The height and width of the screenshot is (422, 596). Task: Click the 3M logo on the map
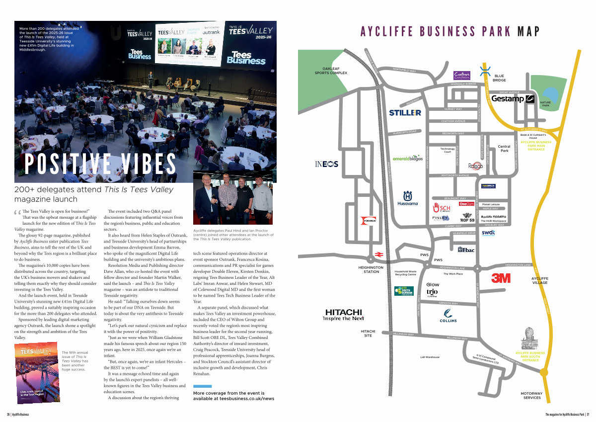coord(501,278)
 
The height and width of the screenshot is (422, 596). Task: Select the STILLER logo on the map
coord(405,113)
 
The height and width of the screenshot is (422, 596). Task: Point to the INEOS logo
coord(327,164)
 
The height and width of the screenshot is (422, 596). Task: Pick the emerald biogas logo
coord(407,159)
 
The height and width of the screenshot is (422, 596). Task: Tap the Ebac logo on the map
coord(466,250)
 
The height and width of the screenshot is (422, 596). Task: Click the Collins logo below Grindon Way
coord(448,315)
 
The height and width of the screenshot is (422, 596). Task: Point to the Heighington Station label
coord(371,269)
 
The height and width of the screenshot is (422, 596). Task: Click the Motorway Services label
coord(531,396)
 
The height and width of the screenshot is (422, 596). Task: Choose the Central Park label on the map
coord(504,148)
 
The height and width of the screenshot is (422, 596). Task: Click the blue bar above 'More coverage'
coord(202,386)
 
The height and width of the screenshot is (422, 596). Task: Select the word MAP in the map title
coord(528,32)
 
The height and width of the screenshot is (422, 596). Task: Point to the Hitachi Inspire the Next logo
coord(344,315)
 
